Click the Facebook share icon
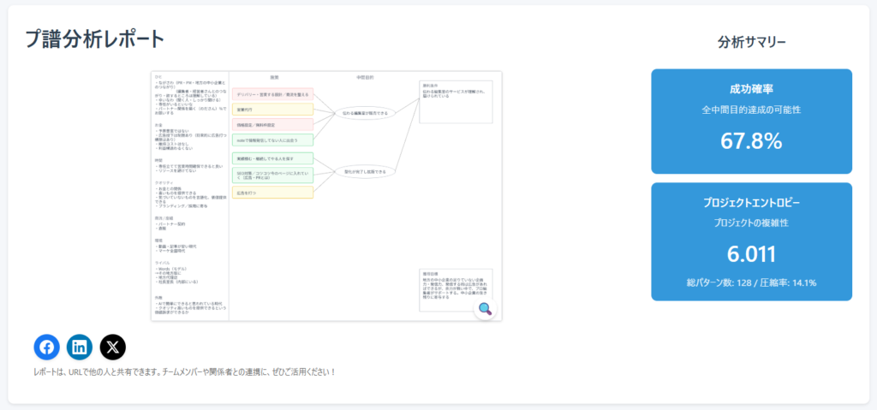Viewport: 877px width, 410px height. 46,347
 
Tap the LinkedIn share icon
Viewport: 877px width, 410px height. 80,347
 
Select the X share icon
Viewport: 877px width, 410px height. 113,347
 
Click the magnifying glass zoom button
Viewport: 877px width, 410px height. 485,309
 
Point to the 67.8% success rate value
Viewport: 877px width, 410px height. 751,141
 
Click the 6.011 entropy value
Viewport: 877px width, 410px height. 751,254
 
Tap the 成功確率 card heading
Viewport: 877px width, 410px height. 751,89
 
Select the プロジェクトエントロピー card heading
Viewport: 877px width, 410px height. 751,203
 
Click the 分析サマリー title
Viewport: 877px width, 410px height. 751,42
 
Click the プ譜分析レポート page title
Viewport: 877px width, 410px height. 94,39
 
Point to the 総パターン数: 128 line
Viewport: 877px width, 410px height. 751,282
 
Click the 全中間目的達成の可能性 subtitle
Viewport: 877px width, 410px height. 751,110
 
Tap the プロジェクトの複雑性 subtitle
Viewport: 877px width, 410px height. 751,223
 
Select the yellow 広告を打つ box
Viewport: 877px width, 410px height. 272,193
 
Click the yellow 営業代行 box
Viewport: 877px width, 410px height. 272,110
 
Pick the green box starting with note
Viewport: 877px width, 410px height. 272,140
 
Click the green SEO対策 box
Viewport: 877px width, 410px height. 272,175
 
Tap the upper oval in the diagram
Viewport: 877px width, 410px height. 366,113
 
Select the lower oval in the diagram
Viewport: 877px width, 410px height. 365,171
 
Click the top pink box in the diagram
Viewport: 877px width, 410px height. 272,94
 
